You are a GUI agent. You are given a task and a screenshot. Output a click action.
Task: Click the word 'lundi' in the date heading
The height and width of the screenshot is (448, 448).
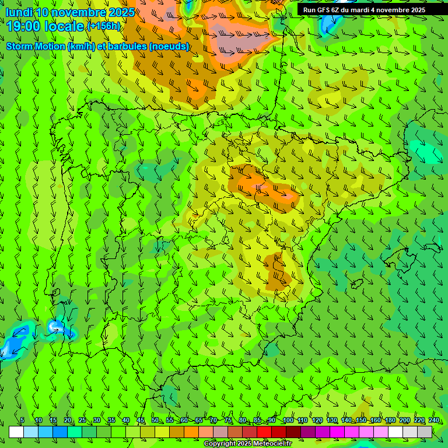point(19,12)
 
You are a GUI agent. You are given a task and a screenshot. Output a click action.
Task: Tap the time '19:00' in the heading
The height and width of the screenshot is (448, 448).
point(24,26)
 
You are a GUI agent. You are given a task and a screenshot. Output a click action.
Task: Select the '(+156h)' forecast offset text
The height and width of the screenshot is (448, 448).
point(103,26)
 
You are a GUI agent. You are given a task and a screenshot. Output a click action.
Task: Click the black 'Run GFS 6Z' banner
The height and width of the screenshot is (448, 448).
point(364,10)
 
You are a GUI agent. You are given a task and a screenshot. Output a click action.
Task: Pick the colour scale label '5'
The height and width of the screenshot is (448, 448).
point(22,421)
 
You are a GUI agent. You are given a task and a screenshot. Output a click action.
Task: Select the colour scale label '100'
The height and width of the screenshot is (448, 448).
point(288,421)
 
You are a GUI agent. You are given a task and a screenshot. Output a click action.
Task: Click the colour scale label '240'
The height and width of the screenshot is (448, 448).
point(434,421)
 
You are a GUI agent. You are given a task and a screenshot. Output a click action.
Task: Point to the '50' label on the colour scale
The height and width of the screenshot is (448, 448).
point(155,421)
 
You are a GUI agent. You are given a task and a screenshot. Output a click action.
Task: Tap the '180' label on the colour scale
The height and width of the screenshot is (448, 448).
point(390,421)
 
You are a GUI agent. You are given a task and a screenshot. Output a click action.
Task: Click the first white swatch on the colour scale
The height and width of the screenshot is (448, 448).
point(16,432)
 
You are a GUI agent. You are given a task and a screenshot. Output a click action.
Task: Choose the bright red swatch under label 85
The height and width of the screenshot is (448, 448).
point(264,432)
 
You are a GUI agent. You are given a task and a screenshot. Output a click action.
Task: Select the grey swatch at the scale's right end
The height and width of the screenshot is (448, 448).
point(425,432)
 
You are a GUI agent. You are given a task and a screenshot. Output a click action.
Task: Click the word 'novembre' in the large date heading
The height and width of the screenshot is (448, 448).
point(73,12)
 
